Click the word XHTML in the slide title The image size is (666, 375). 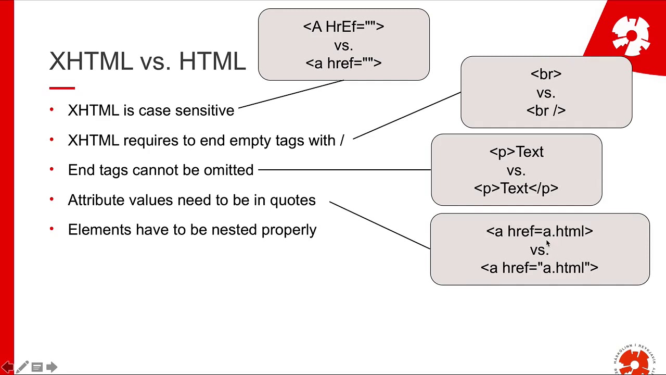[x=91, y=61]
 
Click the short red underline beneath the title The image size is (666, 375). [x=62, y=88]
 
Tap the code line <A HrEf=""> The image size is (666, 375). [x=343, y=27]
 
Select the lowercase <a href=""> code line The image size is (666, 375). [x=343, y=63]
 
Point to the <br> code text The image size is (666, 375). [x=546, y=74]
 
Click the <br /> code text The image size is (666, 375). [x=546, y=110]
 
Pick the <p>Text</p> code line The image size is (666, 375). [x=516, y=188]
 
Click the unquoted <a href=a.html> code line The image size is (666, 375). [x=540, y=231]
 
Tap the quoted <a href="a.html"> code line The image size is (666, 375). [x=540, y=268]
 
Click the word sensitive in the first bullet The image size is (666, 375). [x=204, y=110]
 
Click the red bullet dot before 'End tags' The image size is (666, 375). [x=52, y=169]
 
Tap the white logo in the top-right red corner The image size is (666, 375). [x=631, y=35]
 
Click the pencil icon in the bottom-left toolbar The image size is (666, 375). [x=22, y=367]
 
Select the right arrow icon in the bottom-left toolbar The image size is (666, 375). [x=52, y=367]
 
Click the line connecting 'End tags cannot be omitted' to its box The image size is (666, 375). [x=343, y=170]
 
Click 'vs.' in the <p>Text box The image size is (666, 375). [x=516, y=170]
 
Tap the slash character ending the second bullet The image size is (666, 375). [x=342, y=141]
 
